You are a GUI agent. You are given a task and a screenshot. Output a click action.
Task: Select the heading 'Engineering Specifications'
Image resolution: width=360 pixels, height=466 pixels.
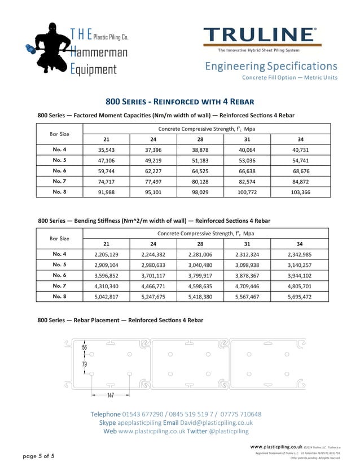[x=271, y=66]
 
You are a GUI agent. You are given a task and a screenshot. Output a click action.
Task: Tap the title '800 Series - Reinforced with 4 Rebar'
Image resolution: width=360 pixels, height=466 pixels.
[x=180, y=102]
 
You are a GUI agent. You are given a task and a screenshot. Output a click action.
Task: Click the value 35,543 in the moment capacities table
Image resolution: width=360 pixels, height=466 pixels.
[x=106, y=150]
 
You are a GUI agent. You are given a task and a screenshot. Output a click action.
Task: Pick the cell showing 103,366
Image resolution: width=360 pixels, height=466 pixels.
[x=300, y=192]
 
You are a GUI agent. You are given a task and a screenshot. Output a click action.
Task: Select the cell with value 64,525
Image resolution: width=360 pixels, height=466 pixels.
[x=200, y=170]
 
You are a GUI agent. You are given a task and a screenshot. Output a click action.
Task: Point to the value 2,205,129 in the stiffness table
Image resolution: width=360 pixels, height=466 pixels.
[x=106, y=254]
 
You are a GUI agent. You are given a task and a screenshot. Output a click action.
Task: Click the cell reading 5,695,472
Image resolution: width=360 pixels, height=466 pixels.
[x=300, y=296]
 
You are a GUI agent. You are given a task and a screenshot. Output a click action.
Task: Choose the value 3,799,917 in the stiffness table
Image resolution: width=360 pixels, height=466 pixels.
[x=200, y=275]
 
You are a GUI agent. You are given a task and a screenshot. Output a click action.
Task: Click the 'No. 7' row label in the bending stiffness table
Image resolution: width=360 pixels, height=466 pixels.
[x=59, y=285]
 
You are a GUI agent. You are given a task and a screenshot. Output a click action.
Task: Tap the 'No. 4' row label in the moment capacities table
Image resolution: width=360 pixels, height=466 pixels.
[x=59, y=150]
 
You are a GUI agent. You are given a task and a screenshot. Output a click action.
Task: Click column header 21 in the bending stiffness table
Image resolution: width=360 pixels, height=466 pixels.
[x=106, y=244]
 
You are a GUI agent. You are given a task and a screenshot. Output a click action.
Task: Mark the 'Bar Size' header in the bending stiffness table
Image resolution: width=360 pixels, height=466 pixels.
[x=59, y=238]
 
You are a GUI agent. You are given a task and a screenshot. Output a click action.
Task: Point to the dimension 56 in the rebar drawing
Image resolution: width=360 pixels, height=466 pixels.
[x=85, y=348]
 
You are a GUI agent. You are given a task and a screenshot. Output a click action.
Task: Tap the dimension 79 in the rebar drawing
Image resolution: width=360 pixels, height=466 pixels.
[x=85, y=364]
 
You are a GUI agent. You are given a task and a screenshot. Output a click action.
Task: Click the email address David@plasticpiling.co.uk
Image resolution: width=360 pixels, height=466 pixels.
[x=217, y=423]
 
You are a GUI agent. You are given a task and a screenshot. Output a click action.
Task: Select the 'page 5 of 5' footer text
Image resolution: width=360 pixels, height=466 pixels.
[x=39, y=455]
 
